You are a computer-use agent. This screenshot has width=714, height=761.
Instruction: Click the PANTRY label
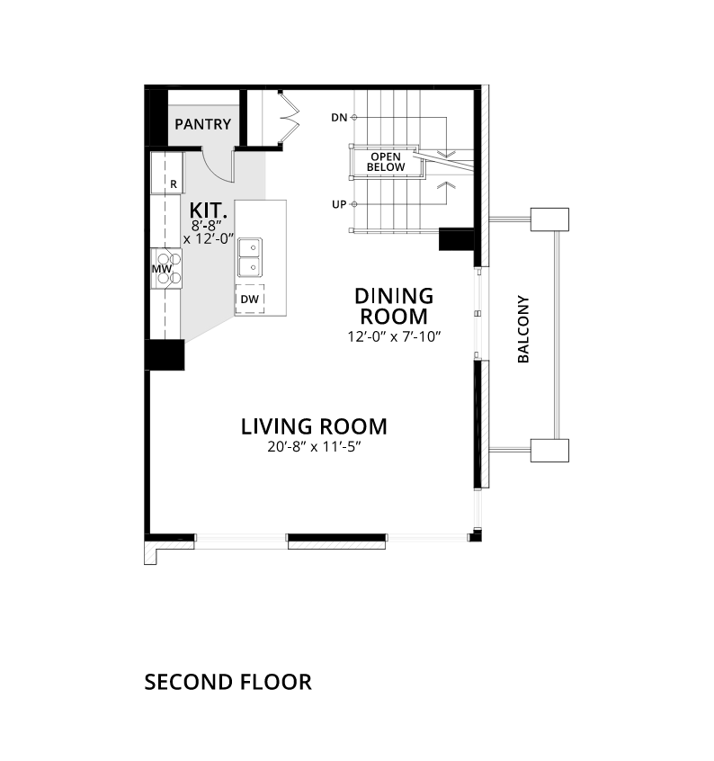[202, 124]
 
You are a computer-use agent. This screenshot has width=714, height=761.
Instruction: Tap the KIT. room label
[208, 210]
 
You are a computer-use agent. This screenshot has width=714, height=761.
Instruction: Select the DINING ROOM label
[394, 306]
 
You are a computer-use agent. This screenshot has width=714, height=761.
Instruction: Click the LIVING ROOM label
[314, 426]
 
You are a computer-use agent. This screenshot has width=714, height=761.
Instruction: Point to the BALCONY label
[523, 328]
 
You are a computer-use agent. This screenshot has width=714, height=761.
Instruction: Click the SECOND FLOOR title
[228, 682]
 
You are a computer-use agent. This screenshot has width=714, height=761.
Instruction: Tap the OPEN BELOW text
[386, 162]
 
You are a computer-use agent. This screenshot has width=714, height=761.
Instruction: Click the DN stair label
[339, 118]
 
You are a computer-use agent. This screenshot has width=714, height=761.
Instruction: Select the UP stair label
[339, 204]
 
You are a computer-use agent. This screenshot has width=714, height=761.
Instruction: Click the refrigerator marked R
[167, 173]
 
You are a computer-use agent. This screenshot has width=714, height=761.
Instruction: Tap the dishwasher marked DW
[250, 300]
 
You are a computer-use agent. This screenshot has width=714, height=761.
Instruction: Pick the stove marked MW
[166, 268]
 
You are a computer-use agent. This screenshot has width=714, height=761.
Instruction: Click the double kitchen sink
[250, 257]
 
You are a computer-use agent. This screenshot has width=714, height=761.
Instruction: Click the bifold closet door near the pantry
[290, 118]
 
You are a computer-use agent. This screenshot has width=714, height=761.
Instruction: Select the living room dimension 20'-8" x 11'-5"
[314, 446]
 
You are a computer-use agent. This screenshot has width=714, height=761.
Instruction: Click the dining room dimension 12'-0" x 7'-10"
[394, 336]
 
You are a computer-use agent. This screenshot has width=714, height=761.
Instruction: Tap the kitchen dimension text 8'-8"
[206, 226]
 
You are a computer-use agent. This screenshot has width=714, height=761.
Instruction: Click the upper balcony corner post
[549, 219]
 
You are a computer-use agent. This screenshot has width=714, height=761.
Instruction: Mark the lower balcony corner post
[549, 451]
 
